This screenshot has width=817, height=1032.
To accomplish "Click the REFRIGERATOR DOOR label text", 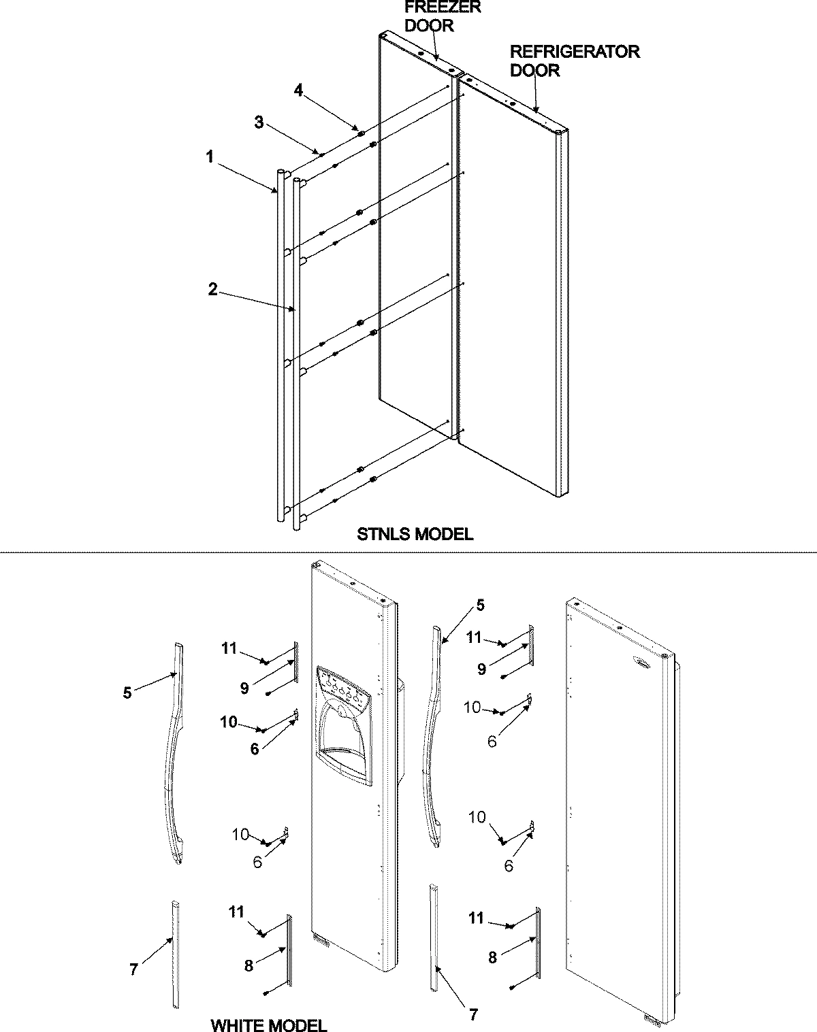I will pos(575,61).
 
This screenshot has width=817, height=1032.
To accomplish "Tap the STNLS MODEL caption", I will pos(415,534).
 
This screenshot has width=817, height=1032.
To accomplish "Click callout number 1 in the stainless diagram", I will pos(210,156).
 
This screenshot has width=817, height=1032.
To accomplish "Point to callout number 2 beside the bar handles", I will pos(213,289).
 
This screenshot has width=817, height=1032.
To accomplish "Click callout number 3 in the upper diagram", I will pos(259,122).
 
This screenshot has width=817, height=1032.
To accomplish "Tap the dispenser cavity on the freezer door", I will pos(346,738).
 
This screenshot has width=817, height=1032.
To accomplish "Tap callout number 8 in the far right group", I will pos(492,958).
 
